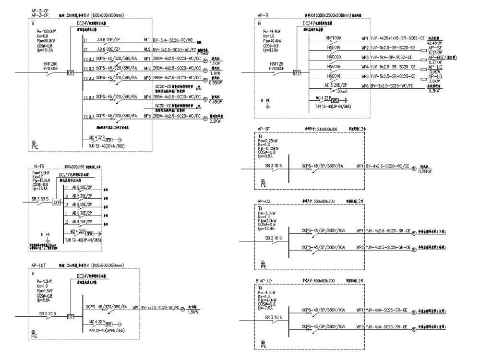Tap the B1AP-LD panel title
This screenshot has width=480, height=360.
click(x=265, y=279)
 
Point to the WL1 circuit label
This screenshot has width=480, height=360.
click(x=146, y=40)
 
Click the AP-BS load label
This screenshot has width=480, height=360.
click(x=438, y=57)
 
